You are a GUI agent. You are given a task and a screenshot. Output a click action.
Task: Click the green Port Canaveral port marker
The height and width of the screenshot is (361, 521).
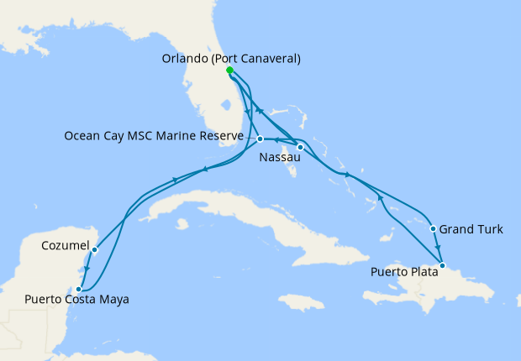(229, 71)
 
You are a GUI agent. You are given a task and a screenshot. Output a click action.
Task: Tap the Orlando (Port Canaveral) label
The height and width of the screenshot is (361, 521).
(229, 59)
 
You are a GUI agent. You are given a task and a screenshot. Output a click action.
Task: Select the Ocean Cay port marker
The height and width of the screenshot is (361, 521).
(260, 139)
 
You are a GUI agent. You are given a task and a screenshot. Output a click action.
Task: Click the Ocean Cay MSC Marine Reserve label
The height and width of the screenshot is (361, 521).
(154, 136)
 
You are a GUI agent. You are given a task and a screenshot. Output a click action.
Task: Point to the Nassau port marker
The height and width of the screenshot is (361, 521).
(300, 148)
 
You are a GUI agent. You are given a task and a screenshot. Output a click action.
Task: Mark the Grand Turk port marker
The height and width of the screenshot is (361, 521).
(433, 228)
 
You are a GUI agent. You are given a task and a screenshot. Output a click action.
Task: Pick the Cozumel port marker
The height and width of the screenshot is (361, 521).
(95, 249)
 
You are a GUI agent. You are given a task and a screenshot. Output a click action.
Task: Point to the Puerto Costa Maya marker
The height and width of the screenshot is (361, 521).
(78, 288)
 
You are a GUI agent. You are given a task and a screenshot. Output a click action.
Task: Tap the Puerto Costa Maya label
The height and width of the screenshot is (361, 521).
(76, 300)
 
